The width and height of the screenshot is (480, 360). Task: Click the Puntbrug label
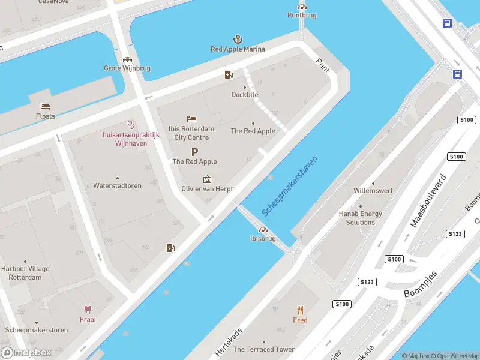click(301, 15)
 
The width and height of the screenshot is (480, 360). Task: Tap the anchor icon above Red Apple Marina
click(238, 39)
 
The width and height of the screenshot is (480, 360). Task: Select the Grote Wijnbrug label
click(127, 68)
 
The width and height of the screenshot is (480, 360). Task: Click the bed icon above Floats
click(45, 107)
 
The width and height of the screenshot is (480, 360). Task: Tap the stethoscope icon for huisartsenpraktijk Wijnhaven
click(131, 124)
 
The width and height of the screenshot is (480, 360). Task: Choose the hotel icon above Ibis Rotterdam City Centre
click(191, 119)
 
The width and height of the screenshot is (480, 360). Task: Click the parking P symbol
click(194, 152)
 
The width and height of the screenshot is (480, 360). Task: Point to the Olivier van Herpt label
click(207, 189)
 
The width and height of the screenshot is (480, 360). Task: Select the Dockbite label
click(245, 95)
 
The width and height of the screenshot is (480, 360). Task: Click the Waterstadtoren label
click(117, 186)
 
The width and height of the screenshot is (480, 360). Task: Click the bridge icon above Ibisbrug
click(262, 229)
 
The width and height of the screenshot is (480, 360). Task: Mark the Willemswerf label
click(373, 191)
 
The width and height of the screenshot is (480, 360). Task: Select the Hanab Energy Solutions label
click(360, 218)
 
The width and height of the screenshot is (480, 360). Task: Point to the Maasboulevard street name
click(428, 201)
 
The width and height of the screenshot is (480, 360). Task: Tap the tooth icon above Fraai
click(88, 310)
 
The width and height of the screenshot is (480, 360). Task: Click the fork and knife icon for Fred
click(300, 310)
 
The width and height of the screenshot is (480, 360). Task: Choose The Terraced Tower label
click(263, 349)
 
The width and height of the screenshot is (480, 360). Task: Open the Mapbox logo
click(26, 353)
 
